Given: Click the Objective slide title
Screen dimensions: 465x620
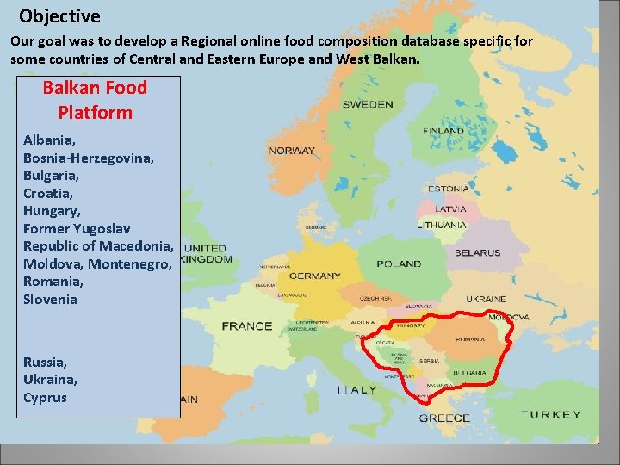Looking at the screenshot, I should click(x=59, y=16).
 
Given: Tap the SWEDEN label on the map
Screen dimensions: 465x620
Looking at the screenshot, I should click(x=368, y=104).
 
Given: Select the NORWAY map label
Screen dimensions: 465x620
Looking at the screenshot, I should click(x=291, y=151).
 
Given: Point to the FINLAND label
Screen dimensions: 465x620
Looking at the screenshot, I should click(x=443, y=131).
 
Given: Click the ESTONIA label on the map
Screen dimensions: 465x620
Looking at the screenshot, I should click(x=448, y=189).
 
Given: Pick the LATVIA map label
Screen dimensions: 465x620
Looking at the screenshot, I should click(x=450, y=208).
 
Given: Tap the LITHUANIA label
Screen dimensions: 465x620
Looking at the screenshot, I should click(x=442, y=225).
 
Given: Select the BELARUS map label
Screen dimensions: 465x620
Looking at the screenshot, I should click(x=477, y=253).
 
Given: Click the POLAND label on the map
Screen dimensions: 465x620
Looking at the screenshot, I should click(x=399, y=264).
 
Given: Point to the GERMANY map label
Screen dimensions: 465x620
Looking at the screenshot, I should click(x=314, y=276).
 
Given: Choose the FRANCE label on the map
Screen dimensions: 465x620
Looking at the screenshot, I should click(x=246, y=326).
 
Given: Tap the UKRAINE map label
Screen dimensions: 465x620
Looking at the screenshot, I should click(x=486, y=299).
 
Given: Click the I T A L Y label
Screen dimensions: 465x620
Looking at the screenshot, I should click(x=356, y=389).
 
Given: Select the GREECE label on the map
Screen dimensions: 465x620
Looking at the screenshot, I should click(x=444, y=418).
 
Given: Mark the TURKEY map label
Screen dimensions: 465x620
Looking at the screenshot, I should click(x=550, y=415).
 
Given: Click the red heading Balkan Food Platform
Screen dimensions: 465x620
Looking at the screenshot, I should click(x=95, y=100).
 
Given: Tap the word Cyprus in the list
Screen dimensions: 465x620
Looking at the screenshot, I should click(x=45, y=398).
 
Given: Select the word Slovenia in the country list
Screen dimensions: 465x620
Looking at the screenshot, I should click(x=50, y=300).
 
